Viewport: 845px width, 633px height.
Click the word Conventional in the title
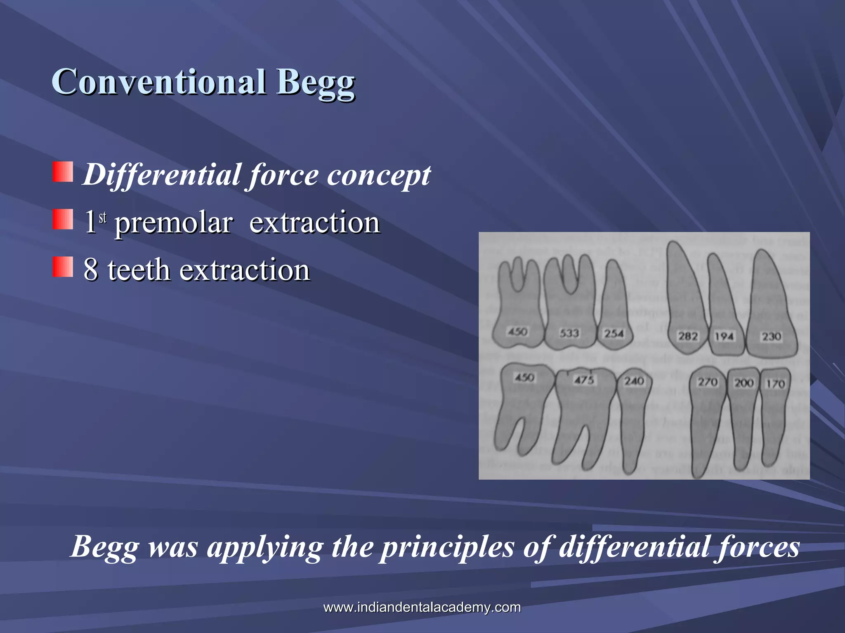click(x=159, y=82)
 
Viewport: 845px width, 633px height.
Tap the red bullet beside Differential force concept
click(x=63, y=172)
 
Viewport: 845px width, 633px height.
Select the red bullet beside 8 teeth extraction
click(x=63, y=267)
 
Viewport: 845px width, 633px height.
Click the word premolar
click(x=173, y=223)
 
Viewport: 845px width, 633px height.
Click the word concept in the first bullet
click(x=379, y=175)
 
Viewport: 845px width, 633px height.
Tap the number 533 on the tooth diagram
click(x=569, y=333)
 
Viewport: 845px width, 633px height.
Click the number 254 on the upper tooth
click(x=614, y=333)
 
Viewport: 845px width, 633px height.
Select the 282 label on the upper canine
click(x=688, y=336)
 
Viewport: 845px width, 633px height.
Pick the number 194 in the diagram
click(x=724, y=337)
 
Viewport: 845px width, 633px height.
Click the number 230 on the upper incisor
click(x=771, y=337)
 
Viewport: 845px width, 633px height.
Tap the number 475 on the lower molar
click(x=584, y=380)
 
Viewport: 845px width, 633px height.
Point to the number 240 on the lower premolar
click(x=634, y=381)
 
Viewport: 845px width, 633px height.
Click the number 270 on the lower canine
click(x=708, y=382)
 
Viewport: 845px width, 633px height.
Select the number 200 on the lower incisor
click(x=744, y=383)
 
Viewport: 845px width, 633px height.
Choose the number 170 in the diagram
click(x=775, y=384)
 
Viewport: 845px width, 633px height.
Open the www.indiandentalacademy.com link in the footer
click(x=422, y=607)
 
